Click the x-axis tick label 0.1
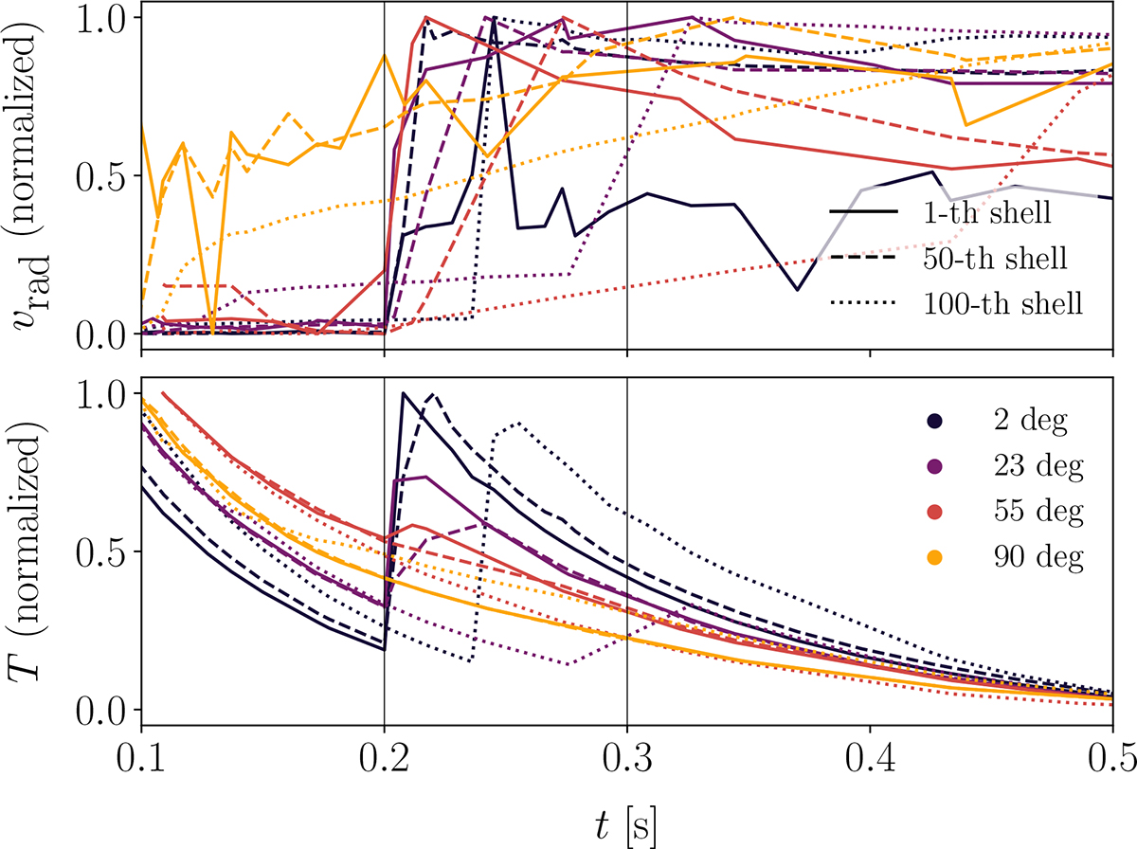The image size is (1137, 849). pyautogui.click(x=140, y=761)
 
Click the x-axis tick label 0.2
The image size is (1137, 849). pyautogui.click(x=384, y=761)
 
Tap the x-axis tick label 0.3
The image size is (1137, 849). pyautogui.click(x=627, y=761)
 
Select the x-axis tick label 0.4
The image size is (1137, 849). pyautogui.click(x=870, y=761)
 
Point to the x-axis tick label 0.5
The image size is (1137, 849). pyautogui.click(x=1112, y=761)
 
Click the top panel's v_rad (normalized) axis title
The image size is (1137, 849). pyautogui.click(x=31, y=176)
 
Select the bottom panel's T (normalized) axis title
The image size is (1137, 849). pyautogui.click(x=31, y=552)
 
